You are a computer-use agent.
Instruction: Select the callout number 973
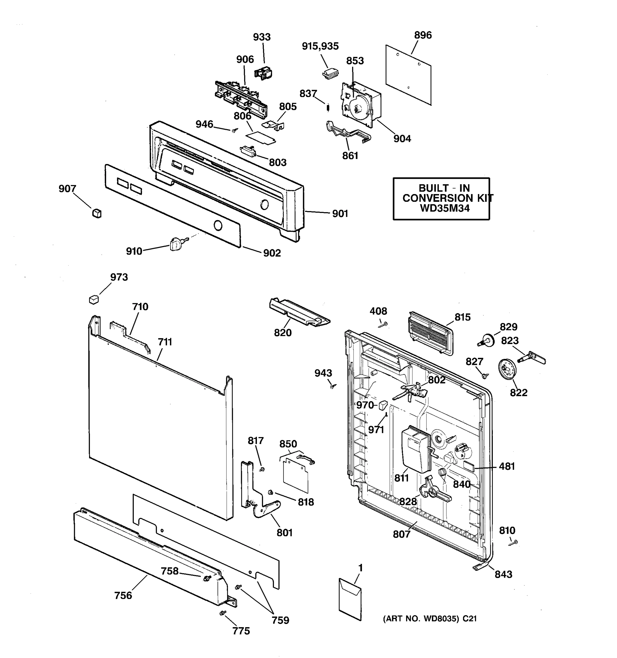click(x=119, y=277)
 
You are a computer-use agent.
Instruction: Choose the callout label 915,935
click(x=320, y=46)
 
